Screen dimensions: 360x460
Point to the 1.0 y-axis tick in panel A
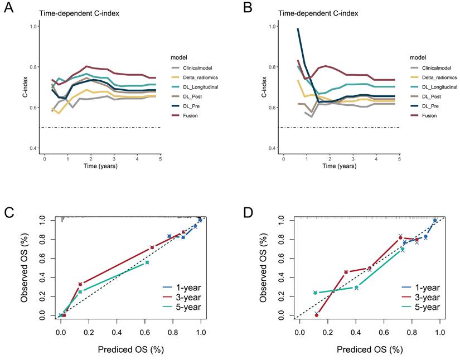click(x=35, y=26)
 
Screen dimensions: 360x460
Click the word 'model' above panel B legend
click(x=418, y=56)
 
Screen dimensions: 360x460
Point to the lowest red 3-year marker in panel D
click(x=317, y=315)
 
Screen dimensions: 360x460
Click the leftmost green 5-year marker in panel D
click(x=315, y=293)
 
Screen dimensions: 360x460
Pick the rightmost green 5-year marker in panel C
click(x=147, y=262)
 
